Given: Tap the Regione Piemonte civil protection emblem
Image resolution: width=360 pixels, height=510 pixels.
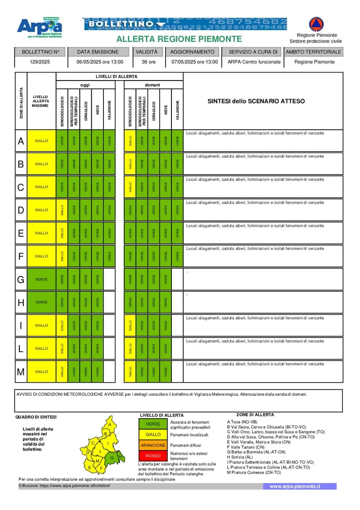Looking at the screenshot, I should (316, 24).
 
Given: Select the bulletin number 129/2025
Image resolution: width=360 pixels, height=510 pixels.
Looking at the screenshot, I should (40, 62).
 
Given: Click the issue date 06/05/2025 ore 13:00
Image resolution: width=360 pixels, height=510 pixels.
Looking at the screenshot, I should (99, 62).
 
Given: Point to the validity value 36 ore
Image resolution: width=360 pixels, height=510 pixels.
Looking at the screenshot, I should (148, 62).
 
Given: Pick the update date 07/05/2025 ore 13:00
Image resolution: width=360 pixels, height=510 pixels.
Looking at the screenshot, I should (194, 62).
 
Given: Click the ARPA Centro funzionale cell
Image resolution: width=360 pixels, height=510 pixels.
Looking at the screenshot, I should (254, 62).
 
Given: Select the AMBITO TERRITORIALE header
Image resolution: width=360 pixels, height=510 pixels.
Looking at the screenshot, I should (314, 52).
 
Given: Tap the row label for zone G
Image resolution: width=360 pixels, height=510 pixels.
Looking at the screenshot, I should (21, 280).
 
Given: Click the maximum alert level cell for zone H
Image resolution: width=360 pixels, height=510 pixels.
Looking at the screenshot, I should (41, 302).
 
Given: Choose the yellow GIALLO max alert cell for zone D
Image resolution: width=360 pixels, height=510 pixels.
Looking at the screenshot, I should (41, 210).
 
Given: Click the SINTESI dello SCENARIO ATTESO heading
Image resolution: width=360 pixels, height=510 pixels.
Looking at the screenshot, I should (256, 101).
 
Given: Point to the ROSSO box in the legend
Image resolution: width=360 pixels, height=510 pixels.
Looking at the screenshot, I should (153, 456).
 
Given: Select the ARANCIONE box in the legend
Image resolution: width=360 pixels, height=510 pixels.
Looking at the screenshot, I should (153, 445).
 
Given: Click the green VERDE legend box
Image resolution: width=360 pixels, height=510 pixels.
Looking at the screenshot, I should (153, 424).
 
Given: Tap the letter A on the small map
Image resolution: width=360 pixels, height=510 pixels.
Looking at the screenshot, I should (109, 424).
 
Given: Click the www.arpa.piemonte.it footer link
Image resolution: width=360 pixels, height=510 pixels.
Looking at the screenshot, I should (295, 486).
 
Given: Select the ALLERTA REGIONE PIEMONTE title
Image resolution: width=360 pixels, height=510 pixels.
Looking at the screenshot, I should (179, 39).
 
